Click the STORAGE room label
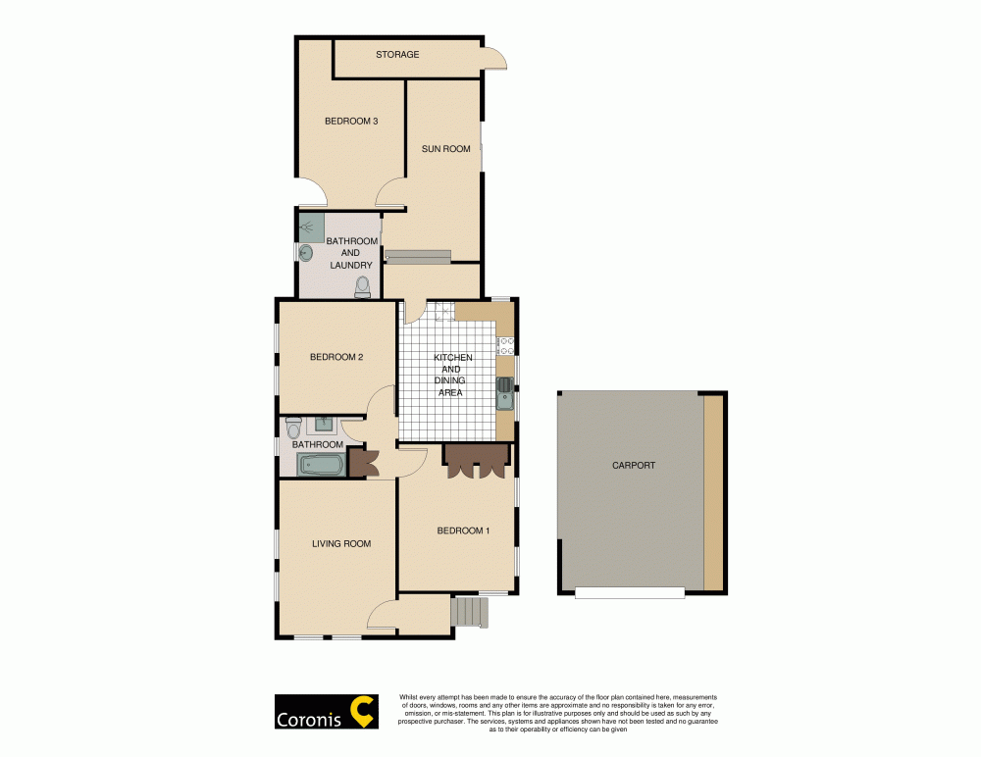click(x=397, y=55)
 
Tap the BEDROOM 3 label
click(x=351, y=122)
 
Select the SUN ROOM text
click(x=445, y=149)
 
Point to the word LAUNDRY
click(x=350, y=265)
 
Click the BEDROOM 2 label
click(x=336, y=357)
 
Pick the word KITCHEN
click(x=453, y=358)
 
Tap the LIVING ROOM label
click(x=341, y=543)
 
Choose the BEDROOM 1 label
click(x=463, y=530)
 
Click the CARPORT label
click(x=633, y=466)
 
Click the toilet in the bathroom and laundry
click(x=362, y=285)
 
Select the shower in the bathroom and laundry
click(x=311, y=227)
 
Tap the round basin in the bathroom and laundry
click(x=305, y=253)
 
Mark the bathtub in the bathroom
click(x=320, y=466)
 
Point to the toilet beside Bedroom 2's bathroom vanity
click(x=292, y=429)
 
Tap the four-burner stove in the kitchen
click(x=506, y=344)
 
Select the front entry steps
click(x=470, y=613)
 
